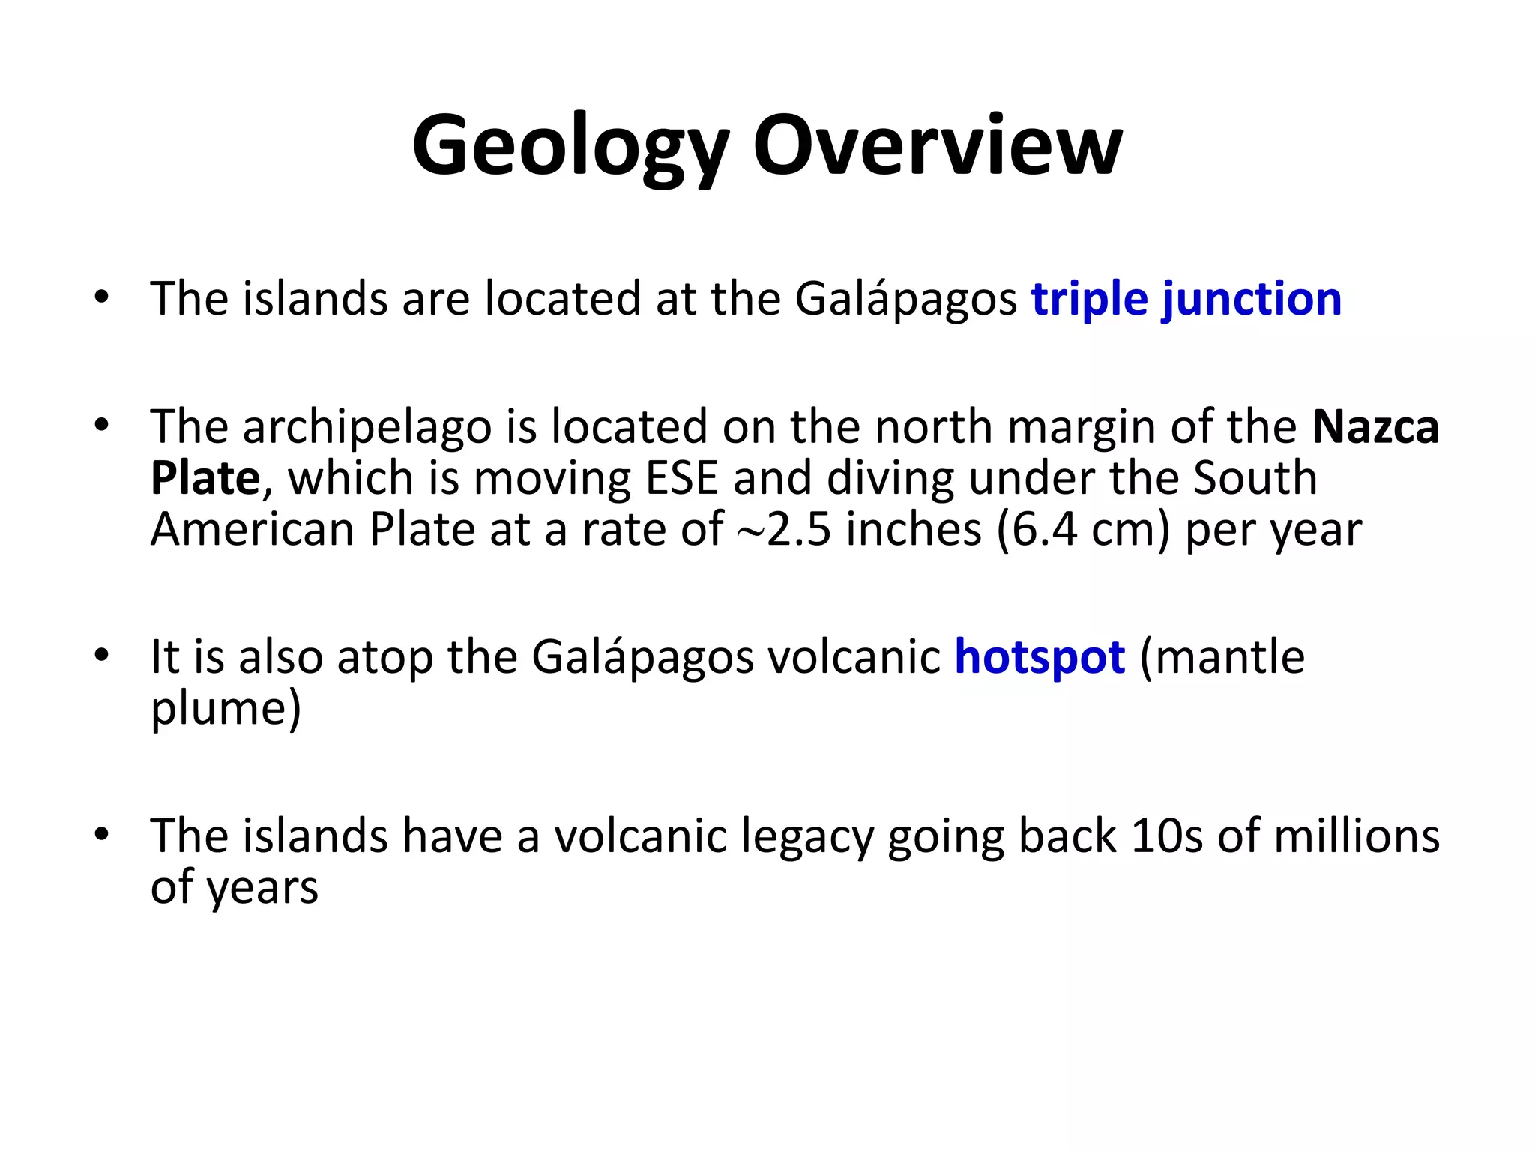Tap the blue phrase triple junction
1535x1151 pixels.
click(1186, 299)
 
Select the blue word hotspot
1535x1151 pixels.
click(1040, 657)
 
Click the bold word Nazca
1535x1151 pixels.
click(1375, 427)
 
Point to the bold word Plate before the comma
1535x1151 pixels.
click(205, 478)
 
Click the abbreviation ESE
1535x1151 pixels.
click(681, 478)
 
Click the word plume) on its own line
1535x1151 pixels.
click(226, 708)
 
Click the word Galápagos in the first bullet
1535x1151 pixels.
click(905, 299)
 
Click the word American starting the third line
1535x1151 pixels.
click(253, 530)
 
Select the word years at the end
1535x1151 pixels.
click(262, 888)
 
